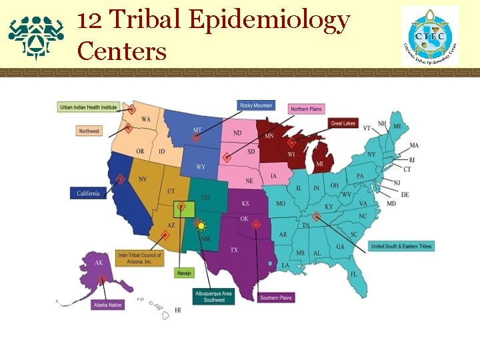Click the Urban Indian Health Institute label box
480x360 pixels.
click(88, 107)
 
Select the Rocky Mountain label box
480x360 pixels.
click(256, 105)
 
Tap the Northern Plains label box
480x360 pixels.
click(306, 109)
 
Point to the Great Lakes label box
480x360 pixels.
click(343, 123)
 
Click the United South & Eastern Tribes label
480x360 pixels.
click(401, 247)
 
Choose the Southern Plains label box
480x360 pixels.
click(275, 297)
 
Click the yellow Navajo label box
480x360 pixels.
click(184, 273)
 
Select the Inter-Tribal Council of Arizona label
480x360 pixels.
click(139, 259)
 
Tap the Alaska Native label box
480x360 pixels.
click(109, 305)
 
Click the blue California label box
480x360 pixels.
click(88, 193)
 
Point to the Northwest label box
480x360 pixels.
click(89, 131)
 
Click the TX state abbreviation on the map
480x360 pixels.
click(234, 250)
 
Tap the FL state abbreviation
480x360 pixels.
click(354, 274)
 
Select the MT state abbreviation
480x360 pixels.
click(197, 130)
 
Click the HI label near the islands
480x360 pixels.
click(178, 310)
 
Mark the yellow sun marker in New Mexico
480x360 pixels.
click(200, 226)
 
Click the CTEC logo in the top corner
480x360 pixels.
click(430, 36)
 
